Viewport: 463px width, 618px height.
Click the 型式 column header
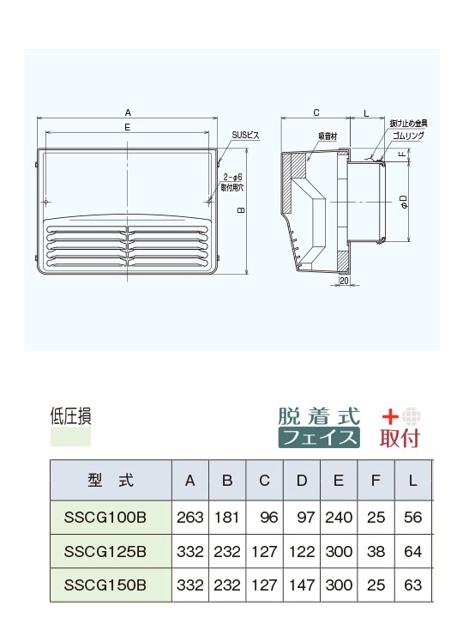[111, 481]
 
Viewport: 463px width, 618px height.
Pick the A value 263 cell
[189, 518]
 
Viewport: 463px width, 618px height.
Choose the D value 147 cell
[302, 585]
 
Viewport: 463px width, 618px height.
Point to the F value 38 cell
[376, 551]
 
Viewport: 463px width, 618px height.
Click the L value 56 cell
[412, 518]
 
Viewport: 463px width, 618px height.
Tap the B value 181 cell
[227, 518]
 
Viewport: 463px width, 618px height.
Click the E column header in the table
[340, 481]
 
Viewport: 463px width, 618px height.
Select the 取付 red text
[400, 438]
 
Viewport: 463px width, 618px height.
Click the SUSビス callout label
[246, 135]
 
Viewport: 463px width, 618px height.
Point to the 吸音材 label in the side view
[328, 136]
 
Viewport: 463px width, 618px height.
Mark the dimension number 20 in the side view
[343, 281]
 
